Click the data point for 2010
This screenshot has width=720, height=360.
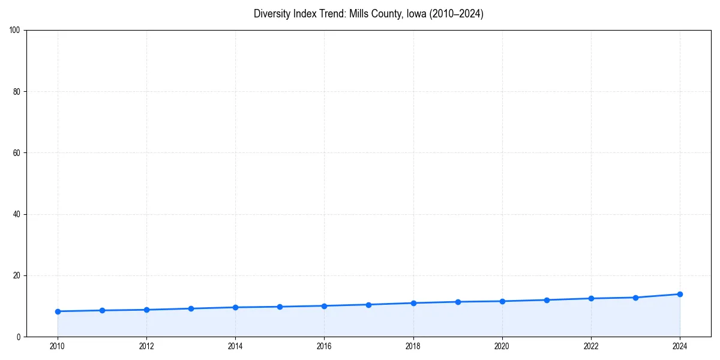(x=58, y=311)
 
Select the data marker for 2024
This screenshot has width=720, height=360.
(x=680, y=294)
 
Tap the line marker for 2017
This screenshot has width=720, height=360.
(x=368, y=305)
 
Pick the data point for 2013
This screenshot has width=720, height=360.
(x=191, y=308)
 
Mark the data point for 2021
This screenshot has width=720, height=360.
(x=547, y=300)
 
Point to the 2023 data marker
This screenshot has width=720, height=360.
(x=635, y=298)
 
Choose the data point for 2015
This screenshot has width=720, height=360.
(x=280, y=307)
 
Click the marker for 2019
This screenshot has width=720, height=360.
(x=458, y=302)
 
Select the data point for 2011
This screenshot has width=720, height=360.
(x=102, y=310)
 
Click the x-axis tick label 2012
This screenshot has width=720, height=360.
(x=146, y=346)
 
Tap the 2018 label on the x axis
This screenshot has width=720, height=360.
(x=413, y=346)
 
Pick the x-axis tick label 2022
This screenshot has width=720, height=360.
(x=591, y=346)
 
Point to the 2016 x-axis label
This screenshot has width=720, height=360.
(x=324, y=346)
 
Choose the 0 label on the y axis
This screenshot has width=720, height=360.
(x=19, y=337)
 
